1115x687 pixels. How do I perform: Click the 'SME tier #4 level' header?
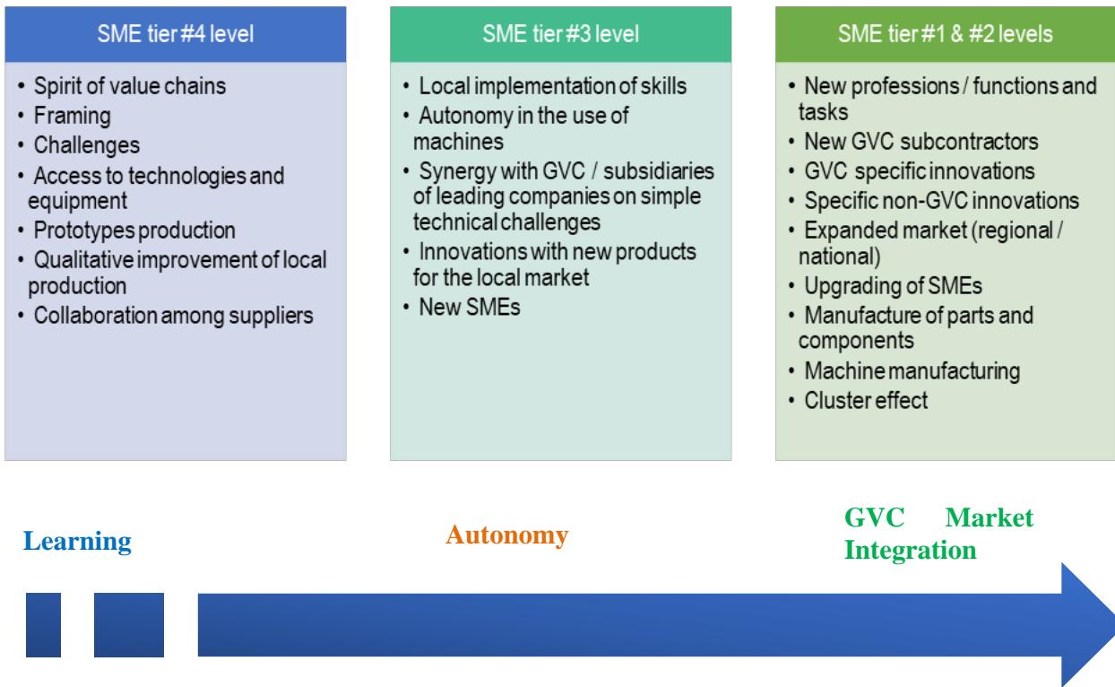coord(175,34)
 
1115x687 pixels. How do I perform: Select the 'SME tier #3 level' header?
coord(560,34)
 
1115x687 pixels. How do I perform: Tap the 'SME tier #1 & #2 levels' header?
coord(946,34)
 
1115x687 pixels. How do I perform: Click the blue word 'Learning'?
coord(77,542)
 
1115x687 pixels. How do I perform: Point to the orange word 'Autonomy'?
coord(506,535)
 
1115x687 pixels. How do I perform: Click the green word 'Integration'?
coord(911,550)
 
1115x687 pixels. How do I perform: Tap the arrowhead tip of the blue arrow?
coord(1113,625)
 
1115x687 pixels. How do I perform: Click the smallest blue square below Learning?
coord(43,625)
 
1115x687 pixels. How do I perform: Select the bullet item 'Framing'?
coord(73,116)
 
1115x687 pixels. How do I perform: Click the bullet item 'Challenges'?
coord(87,145)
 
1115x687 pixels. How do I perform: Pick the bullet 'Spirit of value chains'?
coord(129,86)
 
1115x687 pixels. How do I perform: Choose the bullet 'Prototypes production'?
coord(134,230)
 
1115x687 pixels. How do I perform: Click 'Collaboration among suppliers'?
coord(173,316)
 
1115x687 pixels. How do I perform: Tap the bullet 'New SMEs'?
coord(470,307)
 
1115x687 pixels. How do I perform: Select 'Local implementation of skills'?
coord(552,86)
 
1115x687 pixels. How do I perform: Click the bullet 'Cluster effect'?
coord(866,400)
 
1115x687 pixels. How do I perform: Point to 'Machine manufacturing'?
coord(912,371)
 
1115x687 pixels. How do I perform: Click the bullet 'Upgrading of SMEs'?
coord(893,286)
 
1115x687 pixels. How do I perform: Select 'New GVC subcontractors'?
coord(921,142)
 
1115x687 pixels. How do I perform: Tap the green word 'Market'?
coord(989,517)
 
